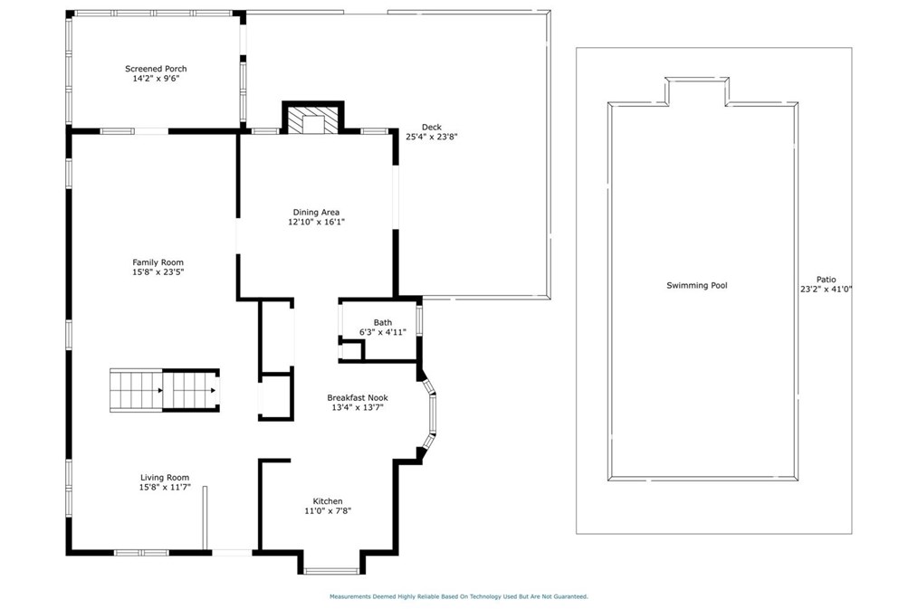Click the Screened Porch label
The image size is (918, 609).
point(156,69)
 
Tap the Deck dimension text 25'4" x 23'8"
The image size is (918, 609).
point(432,137)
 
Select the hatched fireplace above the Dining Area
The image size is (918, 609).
point(313,119)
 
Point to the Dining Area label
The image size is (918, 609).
point(316,213)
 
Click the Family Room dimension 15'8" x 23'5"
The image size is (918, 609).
point(158,272)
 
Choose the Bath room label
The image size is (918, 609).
point(383,322)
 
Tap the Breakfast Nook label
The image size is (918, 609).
point(357,398)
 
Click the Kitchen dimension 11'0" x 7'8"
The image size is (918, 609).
point(328,510)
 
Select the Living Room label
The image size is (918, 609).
point(165,478)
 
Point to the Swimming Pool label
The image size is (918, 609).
point(697,285)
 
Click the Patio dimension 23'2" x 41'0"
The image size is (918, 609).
point(826,289)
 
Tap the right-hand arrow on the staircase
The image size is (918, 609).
point(213,390)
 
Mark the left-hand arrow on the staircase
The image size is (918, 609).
point(159,390)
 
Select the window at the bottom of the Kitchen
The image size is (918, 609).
point(331,571)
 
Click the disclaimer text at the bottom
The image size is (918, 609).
point(458,596)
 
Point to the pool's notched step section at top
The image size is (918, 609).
point(697,91)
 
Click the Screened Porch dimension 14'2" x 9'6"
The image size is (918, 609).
point(156,79)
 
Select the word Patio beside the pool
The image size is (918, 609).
point(826,280)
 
